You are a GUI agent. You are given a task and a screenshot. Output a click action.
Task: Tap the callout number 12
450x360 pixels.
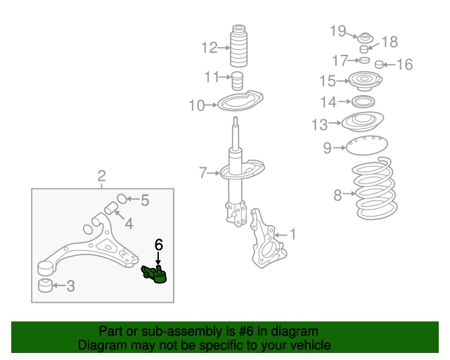(x=210, y=48)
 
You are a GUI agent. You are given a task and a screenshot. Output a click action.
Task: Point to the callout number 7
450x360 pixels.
(x=202, y=172)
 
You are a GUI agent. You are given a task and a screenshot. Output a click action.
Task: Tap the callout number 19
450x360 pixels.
(x=338, y=30)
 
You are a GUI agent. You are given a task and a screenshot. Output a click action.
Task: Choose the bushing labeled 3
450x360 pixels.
(x=45, y=286)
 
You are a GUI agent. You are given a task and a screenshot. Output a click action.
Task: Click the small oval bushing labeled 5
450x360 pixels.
(x=121, y=198)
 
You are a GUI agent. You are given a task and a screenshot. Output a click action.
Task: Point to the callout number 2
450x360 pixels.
(x=101, y=175)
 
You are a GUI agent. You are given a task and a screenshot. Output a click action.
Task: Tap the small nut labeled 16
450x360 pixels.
(x=380, y=65)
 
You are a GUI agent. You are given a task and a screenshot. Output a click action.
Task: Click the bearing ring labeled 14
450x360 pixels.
(x=363, y=103)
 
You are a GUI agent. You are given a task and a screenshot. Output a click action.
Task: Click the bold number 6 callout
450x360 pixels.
(x=159, y=245)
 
